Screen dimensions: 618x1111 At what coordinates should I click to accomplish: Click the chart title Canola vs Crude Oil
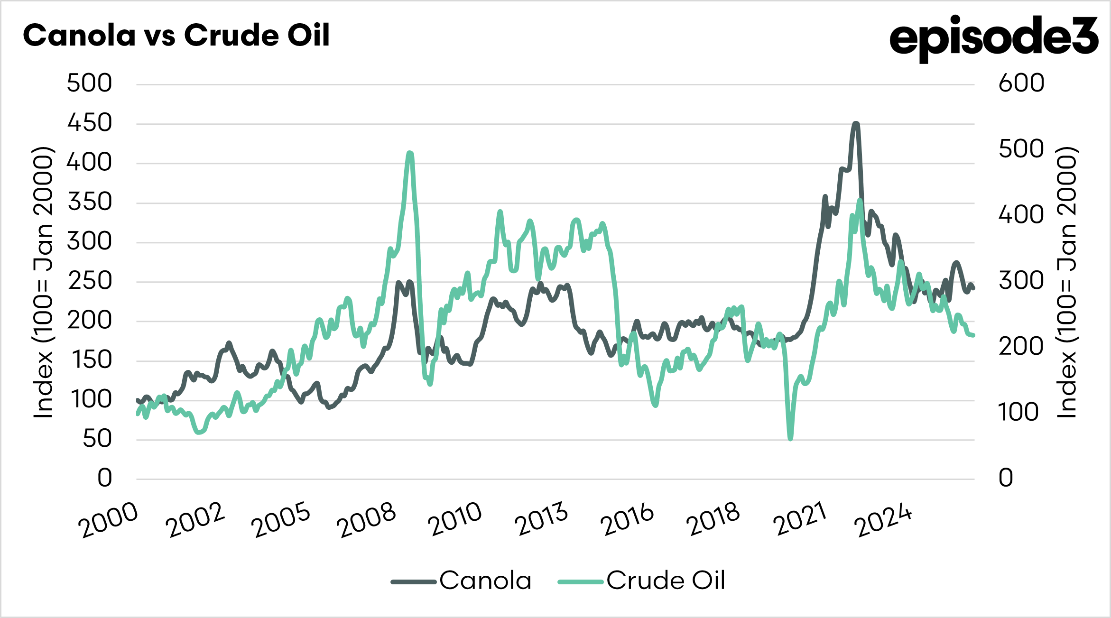click(176, 36)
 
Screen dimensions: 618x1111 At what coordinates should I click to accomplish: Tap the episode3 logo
click(994, 38)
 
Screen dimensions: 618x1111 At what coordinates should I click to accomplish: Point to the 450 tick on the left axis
click(90, 123)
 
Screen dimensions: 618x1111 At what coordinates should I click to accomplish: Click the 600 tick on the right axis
click(1021, 83)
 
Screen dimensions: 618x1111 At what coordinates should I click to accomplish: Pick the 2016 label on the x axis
click(628, 520)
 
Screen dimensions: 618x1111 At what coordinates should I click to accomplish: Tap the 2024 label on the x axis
click(883, 520)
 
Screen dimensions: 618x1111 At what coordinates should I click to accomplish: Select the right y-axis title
click(1067, 283)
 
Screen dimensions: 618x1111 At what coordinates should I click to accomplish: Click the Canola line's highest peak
click(856, 124)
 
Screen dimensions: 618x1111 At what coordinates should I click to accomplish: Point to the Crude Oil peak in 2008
click(410, 153)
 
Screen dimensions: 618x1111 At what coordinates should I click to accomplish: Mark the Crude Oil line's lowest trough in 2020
click(790, 439)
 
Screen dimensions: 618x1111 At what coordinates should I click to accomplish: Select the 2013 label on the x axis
click(542, 520)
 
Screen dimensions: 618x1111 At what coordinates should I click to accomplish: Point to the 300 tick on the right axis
click(1021, 281)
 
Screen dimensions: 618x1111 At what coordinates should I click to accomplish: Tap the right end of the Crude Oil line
click(973, 336)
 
